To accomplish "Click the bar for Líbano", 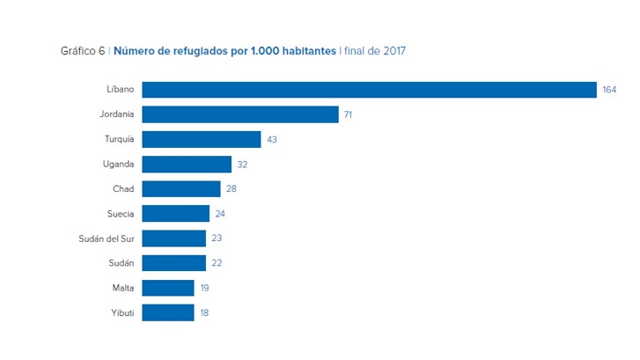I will [x=370, y=90].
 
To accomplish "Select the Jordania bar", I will [x=240, y=114].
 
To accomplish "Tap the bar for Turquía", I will [x=202, y=139].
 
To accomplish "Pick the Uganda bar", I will [x=187, y=164].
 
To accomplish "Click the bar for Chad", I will [x=181, y=188].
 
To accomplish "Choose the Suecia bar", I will [x=176, y=213].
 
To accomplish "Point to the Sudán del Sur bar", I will [x=174, y=238].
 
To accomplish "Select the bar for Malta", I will [x=168, y=288].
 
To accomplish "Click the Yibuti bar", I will [x=168, y=312].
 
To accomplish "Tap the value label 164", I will [x=610, y=90].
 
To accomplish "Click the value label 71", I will [x=349, y=114].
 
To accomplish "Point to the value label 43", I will [x=271, y=139].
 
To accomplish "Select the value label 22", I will [x=217, y=263].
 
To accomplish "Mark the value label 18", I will [x=204, y=312].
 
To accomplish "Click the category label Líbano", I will [x=120, y=90].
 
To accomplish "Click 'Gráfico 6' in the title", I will [x=82, y=51].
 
